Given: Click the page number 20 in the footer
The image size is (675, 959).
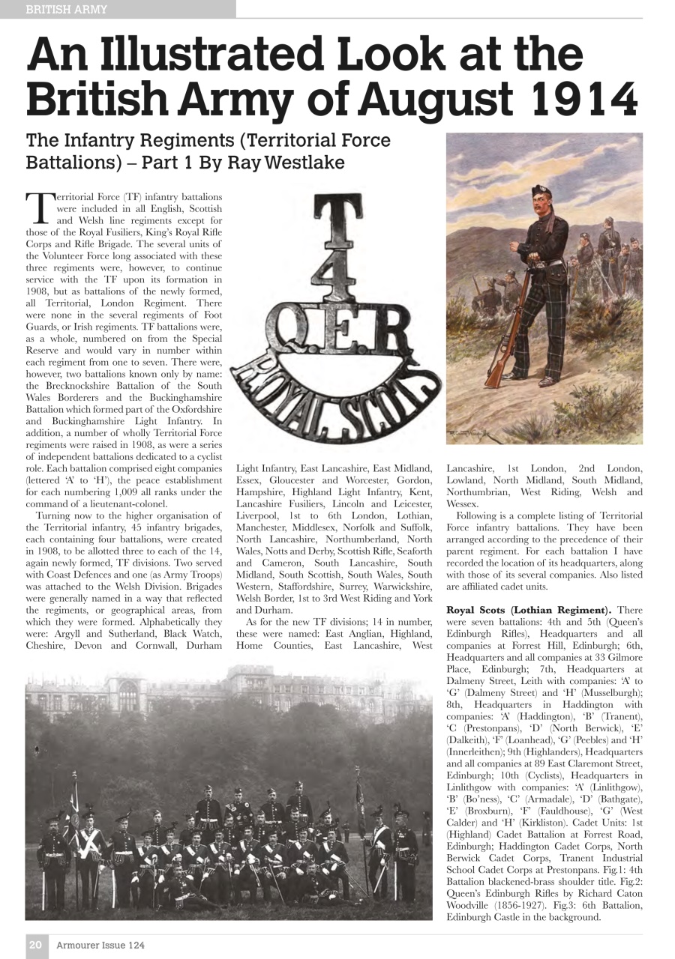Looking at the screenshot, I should pos(35,945).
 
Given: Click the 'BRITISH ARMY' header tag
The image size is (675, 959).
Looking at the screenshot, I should pos(67,10).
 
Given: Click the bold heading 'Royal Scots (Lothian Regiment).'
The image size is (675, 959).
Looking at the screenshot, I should pos(529,610).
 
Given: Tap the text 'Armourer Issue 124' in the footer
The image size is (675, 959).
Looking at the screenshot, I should pos(100,945).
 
